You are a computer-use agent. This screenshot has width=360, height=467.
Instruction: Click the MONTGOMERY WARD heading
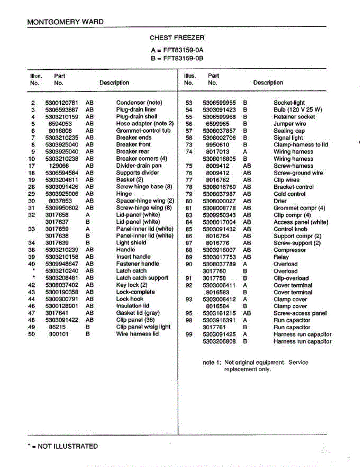(x=65, y=22)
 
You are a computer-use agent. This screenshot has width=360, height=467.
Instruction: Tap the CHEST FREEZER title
(x=177, y=38)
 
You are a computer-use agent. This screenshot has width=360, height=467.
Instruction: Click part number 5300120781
(x=61, y=103)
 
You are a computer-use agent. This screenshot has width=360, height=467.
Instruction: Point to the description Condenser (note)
(x=139, y=103)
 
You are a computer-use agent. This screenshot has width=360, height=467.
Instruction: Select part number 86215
(x=57, y=327)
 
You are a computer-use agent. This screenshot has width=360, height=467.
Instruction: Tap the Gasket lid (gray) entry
(x=138, y=313)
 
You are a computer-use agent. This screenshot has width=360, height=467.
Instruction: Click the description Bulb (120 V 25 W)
(x=298, y=110)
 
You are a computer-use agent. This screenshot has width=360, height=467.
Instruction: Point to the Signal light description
(x=288, y=138)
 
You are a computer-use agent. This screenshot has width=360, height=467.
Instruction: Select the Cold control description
(x=289, y=194)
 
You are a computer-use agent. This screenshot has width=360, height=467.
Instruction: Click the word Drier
(x=280, y=201)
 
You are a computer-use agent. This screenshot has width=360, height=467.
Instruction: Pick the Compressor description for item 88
(x=290, y=250)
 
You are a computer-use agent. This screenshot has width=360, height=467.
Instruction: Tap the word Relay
(x=281, y=257)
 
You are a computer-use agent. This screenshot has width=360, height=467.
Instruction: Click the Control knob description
(x=290, y=229)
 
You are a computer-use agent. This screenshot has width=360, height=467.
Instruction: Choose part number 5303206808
(x=219, y=341)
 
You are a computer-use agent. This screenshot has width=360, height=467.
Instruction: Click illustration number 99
(x=189, y=334)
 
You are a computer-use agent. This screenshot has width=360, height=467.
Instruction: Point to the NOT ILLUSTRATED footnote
(x=63, y=446)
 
